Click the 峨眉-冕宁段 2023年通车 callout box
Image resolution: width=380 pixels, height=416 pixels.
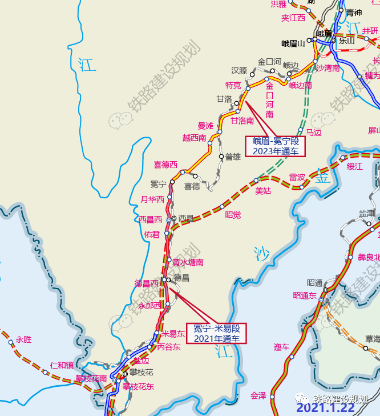276,146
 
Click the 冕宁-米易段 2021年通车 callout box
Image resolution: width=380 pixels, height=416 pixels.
217,333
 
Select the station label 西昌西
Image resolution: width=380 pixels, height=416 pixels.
151,219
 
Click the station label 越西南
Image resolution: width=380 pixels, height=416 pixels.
195,138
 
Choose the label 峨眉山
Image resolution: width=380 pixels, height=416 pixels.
293,43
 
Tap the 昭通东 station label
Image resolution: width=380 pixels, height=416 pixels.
305,295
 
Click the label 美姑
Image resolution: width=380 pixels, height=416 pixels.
264,191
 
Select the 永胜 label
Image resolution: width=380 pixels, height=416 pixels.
24,339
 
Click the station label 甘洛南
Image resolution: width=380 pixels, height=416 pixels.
242,121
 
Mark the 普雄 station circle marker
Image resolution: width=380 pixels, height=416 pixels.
221,156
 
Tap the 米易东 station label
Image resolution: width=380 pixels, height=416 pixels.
173,334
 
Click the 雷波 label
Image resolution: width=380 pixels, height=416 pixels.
297,177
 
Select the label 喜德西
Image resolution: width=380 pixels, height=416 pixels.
165,165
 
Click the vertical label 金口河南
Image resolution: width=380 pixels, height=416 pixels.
270,101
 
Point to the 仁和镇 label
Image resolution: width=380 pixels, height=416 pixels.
62,365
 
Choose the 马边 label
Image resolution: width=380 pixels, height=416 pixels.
314,133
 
